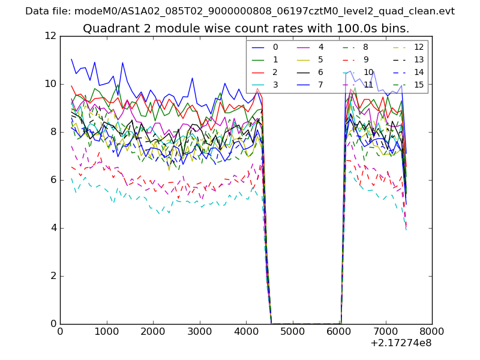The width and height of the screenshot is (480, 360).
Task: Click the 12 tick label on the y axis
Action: pyautogui.click(x=50, y=36)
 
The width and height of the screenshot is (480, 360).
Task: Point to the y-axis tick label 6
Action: pyautogui.click(x=53, y=180)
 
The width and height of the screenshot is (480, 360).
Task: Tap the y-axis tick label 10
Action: pyautogui.click(x=50, y=84)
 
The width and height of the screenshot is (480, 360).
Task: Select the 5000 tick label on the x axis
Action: pyautogui.click(x=292, y=331)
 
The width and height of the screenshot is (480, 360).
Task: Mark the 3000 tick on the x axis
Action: pyautogui.click(x=199, y=331)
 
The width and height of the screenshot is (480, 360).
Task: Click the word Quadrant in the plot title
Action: pyautogui.click(x=107, y=29)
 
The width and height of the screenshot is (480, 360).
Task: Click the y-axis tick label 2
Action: pyautogui.click(x=53, y=276)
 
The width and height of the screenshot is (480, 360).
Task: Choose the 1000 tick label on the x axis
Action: pyautogui.click(x=106, y=331)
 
